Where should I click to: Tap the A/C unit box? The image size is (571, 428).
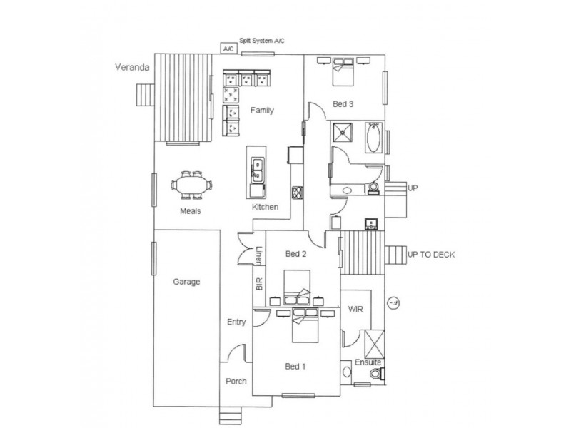point(228,49)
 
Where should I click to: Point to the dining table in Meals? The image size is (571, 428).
point(193,188)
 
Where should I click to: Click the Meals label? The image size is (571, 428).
point(190,211)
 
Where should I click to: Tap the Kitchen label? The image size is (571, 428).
point(265,208)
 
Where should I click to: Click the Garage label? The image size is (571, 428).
point(186,282)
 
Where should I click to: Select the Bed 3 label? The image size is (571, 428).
point(344,104)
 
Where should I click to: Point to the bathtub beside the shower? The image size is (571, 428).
point(373,138)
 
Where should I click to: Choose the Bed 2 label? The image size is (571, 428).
point(295,254)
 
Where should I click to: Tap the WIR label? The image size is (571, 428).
point(356,310)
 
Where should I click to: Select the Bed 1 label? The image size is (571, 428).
point(295,367)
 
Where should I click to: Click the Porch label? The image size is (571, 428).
point(236,382)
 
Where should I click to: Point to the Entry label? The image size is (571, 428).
point(236,322)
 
